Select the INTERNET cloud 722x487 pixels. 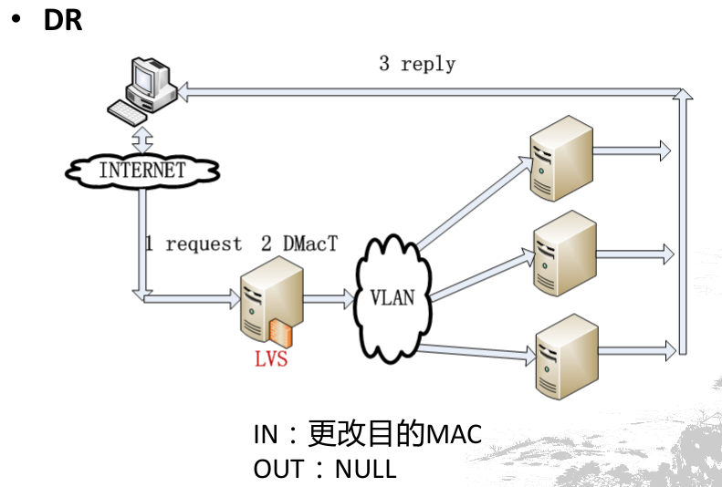click(x=142, y=170)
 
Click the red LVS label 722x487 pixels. click(x=271, y=358)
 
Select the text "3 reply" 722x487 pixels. click(x=417, y=64)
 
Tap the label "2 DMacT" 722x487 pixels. click(x=300, y=244)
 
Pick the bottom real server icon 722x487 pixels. click(x=565, y=356)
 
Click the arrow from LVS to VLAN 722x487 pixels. click(x=330, y=297)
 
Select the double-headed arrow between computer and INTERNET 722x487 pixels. click(x=142, y=139)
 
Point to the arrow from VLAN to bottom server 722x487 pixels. click(x=479, y=349)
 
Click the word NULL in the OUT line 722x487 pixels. click(x=366, y=469)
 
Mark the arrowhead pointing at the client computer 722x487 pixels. click(x=183, y=89)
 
